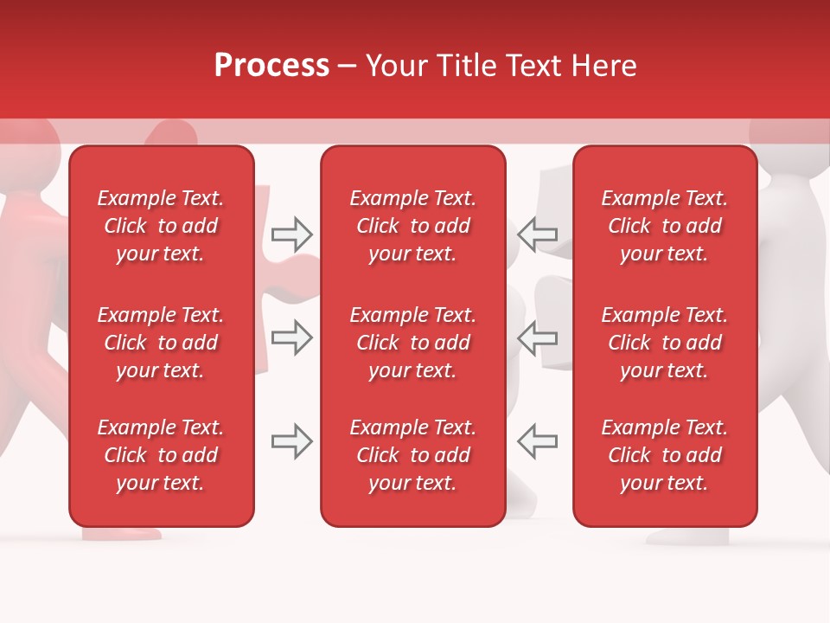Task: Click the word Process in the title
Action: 271,66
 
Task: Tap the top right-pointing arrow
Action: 291,234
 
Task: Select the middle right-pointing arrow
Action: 291,337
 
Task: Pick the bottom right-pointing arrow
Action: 291,441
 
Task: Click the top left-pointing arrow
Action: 538,234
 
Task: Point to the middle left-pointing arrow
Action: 538,337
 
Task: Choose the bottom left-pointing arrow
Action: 538,441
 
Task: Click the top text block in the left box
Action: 161,226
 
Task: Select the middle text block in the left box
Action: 161,343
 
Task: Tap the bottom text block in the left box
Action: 161,455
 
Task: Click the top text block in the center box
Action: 412,226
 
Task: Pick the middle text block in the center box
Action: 412,343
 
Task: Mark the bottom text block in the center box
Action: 412,455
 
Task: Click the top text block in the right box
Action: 664,226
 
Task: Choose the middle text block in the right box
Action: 664,343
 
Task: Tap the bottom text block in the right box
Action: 664,455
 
